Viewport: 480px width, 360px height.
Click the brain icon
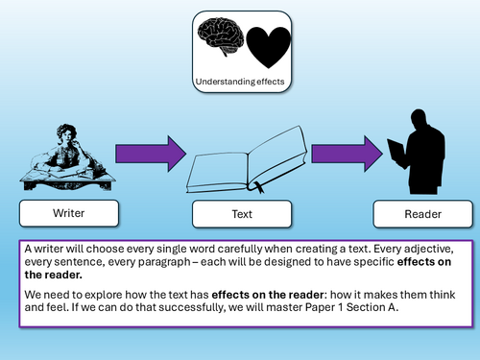pos(221,36)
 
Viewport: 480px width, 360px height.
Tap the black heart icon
pos(268,47)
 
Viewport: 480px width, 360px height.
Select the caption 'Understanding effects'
pos(240,82)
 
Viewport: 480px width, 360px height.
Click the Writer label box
pos(69,213)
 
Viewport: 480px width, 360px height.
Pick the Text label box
pos(242,214)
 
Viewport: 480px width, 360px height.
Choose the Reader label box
pos(422,214)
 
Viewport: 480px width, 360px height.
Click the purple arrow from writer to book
pos(151,154)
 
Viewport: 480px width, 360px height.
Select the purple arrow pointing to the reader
pos(347,154)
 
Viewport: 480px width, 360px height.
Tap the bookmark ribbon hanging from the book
pos(257,187)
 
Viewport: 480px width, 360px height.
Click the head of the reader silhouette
pos(419,119)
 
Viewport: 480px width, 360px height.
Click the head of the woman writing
pos(66,133)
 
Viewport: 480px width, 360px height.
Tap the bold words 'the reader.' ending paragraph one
pos(53,275)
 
